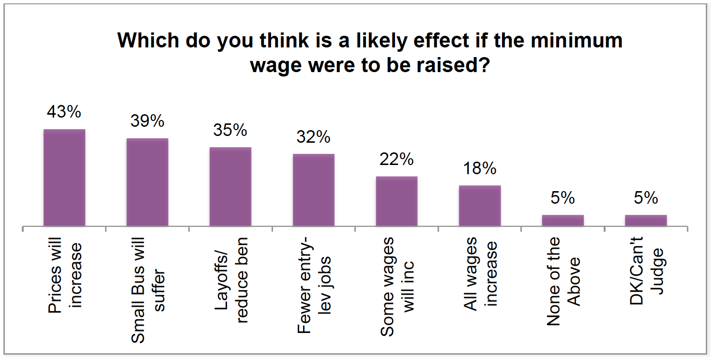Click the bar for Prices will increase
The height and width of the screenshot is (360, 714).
[x=64, y=178]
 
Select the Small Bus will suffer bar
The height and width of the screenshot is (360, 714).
[x=147, y=182]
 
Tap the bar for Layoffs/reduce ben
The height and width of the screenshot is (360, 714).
[x=230, y=187]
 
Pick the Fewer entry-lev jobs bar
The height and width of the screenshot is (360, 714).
[x=313, y=190]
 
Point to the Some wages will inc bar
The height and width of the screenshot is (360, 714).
[x=396, y=201]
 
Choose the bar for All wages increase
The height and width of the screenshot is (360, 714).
[x=480, y=206]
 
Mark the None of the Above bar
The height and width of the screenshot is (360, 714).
[x=562, y=221]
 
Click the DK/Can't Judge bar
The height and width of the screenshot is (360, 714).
[x=646, y=221]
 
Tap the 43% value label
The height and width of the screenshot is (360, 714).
[x=64, y=112]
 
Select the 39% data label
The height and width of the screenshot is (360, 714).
[x=147, y=121]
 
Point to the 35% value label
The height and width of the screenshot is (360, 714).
[x=230, y=130]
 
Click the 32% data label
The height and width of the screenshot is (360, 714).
[x=313, y=137]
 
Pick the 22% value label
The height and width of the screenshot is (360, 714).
[x=396, y=159]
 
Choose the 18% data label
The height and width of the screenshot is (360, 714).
[x=480, y=168]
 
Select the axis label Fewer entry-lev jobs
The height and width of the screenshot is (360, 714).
[x=314, y=285]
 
